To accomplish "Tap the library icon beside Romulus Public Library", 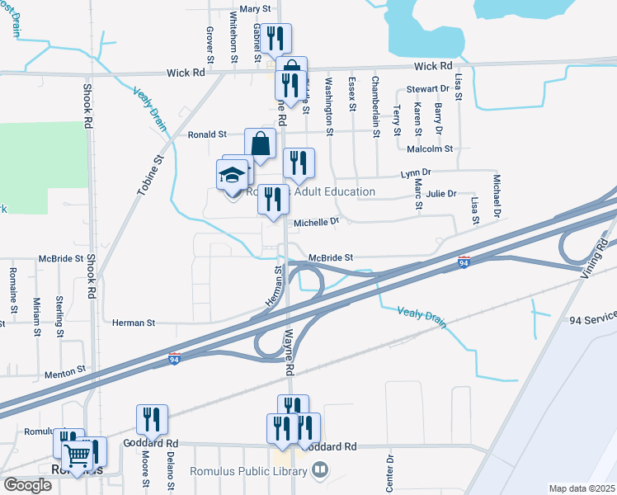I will (319, 471).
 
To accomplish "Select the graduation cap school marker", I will (233, 175).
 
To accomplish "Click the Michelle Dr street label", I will (317, 222).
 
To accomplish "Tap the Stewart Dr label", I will (426, 89).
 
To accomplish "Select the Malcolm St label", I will (431, 149).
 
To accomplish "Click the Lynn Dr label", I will (417, 173).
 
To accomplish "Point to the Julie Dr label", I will (440, 194).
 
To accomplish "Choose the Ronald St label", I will (207, 134).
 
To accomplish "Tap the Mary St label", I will (255, 10).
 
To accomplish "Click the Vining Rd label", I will (588, 259).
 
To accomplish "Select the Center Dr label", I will (390, 471).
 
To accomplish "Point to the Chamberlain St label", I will (375, 106).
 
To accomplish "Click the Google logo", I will (28, 485).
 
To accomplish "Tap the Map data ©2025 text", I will (582, 488).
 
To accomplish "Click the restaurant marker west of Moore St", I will (152, 420).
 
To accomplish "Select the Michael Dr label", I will (497, 196).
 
